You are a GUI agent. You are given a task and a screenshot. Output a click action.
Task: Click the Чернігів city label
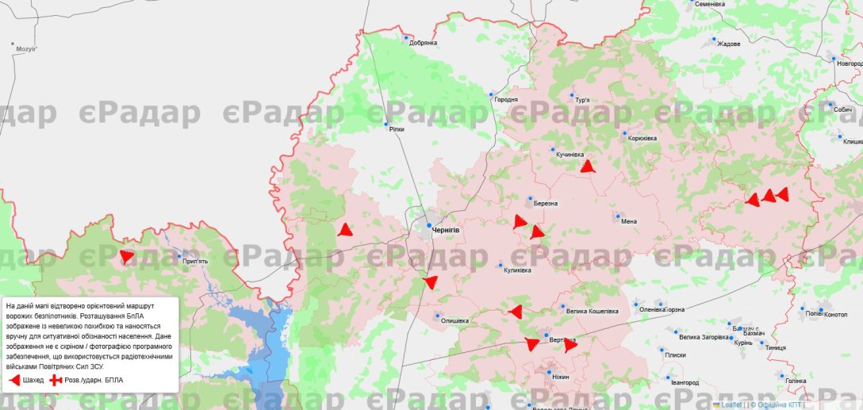[x=447, y=230]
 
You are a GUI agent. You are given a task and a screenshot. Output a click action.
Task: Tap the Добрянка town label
[x=423, y=43]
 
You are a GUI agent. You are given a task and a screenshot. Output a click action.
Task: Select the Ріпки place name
[x=397, y=129]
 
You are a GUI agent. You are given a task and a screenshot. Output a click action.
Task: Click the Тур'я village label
[x=582, y=100]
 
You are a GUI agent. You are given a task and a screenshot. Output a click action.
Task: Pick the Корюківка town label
[x=642, y=139]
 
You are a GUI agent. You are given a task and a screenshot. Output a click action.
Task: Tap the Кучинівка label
[x=570, y=154]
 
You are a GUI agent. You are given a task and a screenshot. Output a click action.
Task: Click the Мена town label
[x=629, y=221]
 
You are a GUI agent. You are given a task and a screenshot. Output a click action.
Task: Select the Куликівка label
[x=517, y=270]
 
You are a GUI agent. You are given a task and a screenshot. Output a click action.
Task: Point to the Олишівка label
[x=454, y=320]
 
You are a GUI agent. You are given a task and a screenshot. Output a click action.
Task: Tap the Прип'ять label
[x=194, y=261]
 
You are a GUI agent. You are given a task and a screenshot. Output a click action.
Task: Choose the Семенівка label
[x=710, y=4]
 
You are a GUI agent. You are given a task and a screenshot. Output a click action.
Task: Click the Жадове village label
[x=728, y=44]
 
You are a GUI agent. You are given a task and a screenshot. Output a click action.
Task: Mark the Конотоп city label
[x=836, y=314]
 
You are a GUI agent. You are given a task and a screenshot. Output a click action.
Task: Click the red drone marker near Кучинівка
[x=587, y=167]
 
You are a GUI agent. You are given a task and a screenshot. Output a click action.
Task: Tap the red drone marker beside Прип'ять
[x=127, y=256]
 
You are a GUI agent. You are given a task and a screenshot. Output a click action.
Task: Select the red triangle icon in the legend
[x=14, y=381]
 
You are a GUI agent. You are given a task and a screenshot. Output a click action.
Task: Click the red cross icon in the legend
[x=56, y=381]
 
